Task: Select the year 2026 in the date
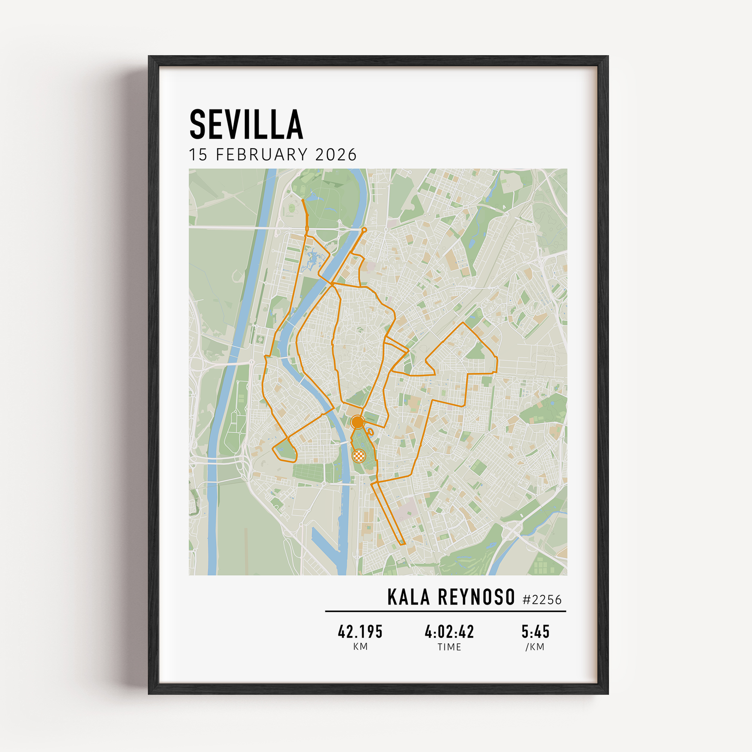click(x=335, y=155)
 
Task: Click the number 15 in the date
click(x=198, y=155)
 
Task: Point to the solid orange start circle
click(x=357, y=422)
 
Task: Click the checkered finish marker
click(x=359, y=455)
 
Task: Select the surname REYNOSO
click(x=476, y=597)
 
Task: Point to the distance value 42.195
click(x=360, y=632)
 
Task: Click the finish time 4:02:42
click(x=449, y=632)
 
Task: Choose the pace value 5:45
click(x=535, y=632)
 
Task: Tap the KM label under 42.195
click(x=361, y=647)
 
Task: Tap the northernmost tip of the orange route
click(x=303, y=200)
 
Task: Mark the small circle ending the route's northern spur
click(x=364, y=230)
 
